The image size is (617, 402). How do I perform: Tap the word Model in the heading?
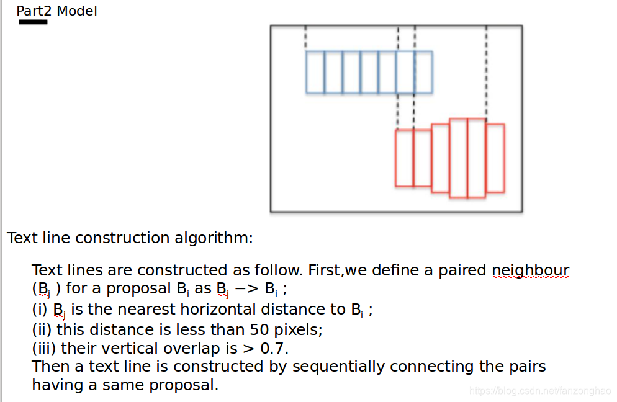tap(77, 11)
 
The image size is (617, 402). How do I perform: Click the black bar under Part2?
tap(33, 22)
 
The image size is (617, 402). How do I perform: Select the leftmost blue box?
tap(315, 72)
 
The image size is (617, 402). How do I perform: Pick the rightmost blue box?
tap(423, 72)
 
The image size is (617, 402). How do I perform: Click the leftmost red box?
tap(404, 158)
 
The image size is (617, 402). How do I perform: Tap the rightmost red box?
tap(495, 158)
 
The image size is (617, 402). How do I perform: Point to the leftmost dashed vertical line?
tap(305, 38)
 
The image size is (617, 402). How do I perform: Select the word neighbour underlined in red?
tap(530, 270)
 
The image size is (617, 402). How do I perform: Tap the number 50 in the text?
tap(259, 329)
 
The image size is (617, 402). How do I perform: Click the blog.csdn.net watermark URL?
tap(540, 391)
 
